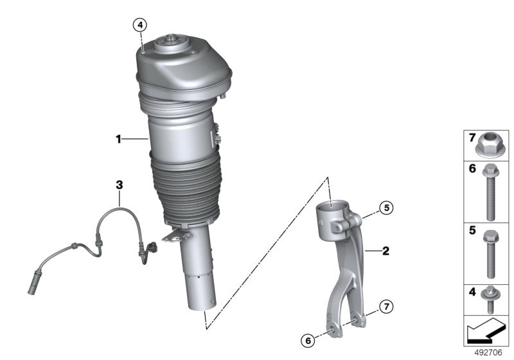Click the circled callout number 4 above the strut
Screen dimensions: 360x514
[x=140, y=25]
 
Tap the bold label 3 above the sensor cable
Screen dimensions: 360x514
[x=119, y=185]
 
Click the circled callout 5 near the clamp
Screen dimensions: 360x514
[x=385, y=208]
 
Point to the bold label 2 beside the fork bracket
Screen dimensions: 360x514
[x=386, y=251]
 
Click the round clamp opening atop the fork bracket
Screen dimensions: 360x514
[x=334, y=207]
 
